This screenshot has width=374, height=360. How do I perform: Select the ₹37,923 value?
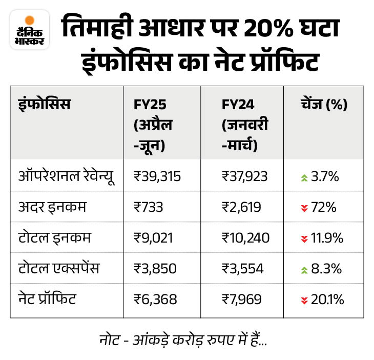pyautogui.click(x=245, y=177)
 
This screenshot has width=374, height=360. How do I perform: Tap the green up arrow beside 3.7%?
pyautogui.click(x=304, y=177)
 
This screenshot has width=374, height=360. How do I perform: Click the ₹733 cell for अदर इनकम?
pyautogui.click(x=148, y=207)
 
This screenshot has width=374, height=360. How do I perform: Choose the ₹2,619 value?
pyautogui.click(x=242, y=207)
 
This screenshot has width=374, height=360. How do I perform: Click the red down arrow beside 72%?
pyautogui.click(x=304, y=208)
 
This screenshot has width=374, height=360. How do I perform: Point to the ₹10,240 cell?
pyautogui.click(x=245, y=238)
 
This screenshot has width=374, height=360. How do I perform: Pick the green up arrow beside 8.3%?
pyautogui.click(x=304, y=269)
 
